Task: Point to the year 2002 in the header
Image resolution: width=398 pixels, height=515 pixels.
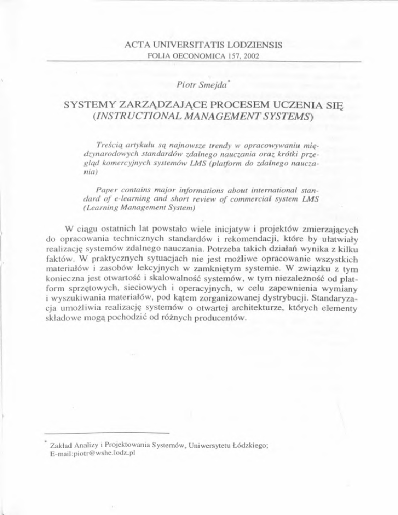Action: point(252,55)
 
